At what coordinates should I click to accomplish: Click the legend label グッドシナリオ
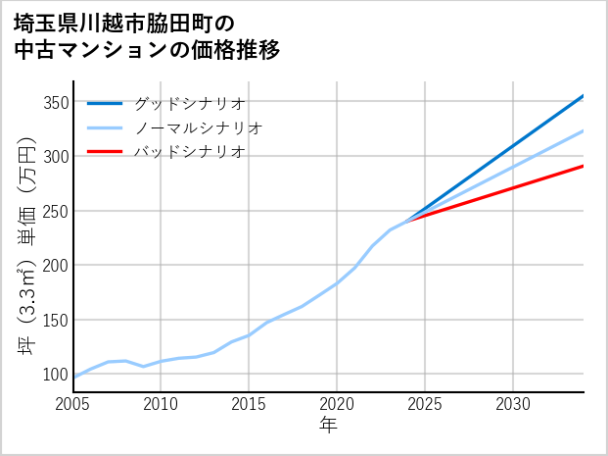click(x=189, y=103)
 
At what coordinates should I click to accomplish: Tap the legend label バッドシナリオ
click(x=189, y=152)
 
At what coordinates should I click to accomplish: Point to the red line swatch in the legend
click(x=105, y=152)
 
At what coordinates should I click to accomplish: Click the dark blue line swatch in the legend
click(x=105, y=103)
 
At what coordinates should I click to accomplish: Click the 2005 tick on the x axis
click(x=72, y=404)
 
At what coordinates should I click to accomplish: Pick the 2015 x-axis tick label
click(x=249, y=404)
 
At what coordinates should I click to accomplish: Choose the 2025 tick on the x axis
click(x=425, y=404)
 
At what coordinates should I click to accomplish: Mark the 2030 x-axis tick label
click(x=513, y=404)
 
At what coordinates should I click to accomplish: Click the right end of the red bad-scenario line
click(x=583, y=166)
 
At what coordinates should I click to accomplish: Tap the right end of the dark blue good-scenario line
click(x=583, y=96)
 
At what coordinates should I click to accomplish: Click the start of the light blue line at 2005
click(x=73, y=377)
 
